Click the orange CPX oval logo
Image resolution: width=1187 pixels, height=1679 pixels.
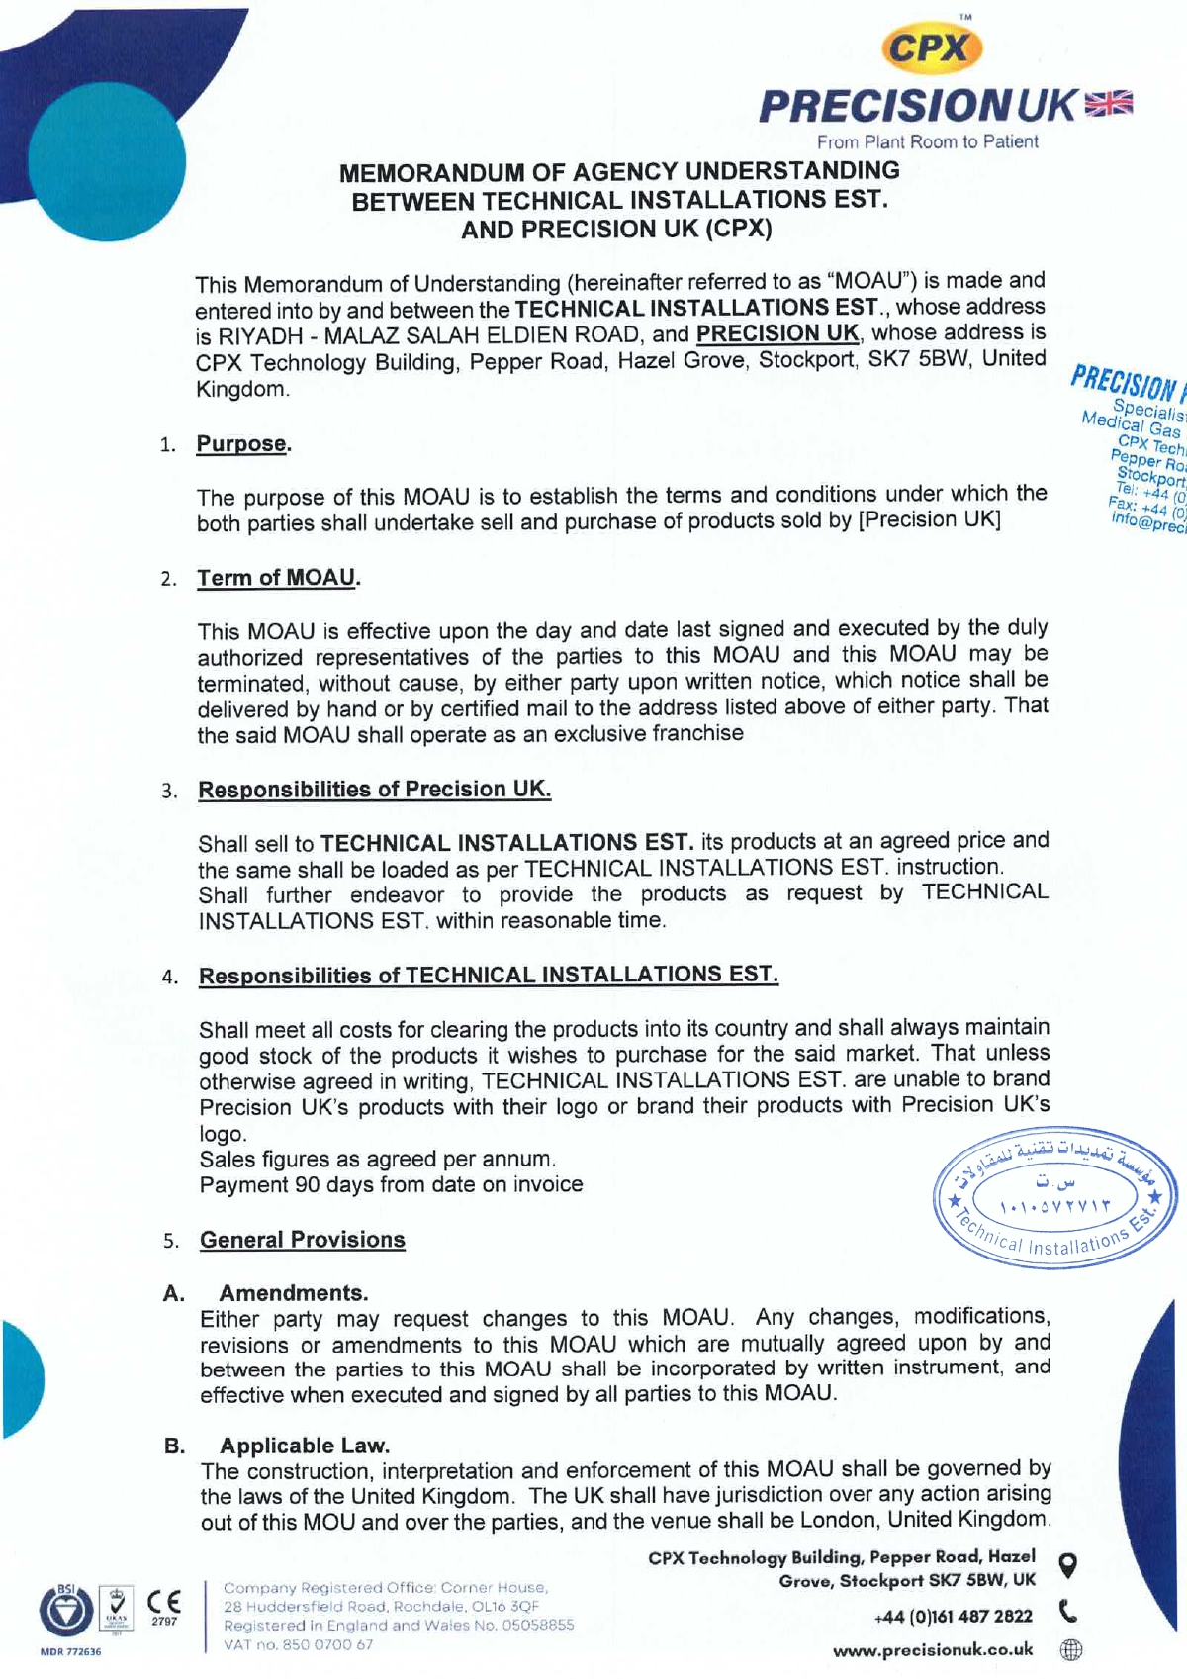[x=930, y=48]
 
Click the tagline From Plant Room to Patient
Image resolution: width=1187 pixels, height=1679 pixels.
[x=927, y=141]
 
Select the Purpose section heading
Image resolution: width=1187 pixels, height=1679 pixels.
[x=243, y=444]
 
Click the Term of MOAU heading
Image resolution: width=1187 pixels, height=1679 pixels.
[x=278, y=578]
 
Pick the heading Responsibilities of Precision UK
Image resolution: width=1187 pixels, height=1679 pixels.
[x=374, y=790]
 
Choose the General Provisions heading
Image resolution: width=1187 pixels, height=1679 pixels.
[x=302, y=1240]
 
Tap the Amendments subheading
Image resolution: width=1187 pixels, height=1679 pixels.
[x=293, y=1293]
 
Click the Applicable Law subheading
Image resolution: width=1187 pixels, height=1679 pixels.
[x=305, y=1446]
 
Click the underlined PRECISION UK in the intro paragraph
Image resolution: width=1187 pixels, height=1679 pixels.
[x=777, y=333]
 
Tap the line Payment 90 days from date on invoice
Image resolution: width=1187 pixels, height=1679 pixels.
[x=391, y=1184]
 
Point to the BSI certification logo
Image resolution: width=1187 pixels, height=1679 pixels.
[x=66, y=1610]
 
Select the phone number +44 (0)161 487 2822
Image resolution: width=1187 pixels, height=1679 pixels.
[x=953, y=1616]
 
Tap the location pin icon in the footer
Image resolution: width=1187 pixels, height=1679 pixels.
[x=1068, y=1566]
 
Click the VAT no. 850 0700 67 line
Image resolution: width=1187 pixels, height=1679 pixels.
[x=298, y=1644]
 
